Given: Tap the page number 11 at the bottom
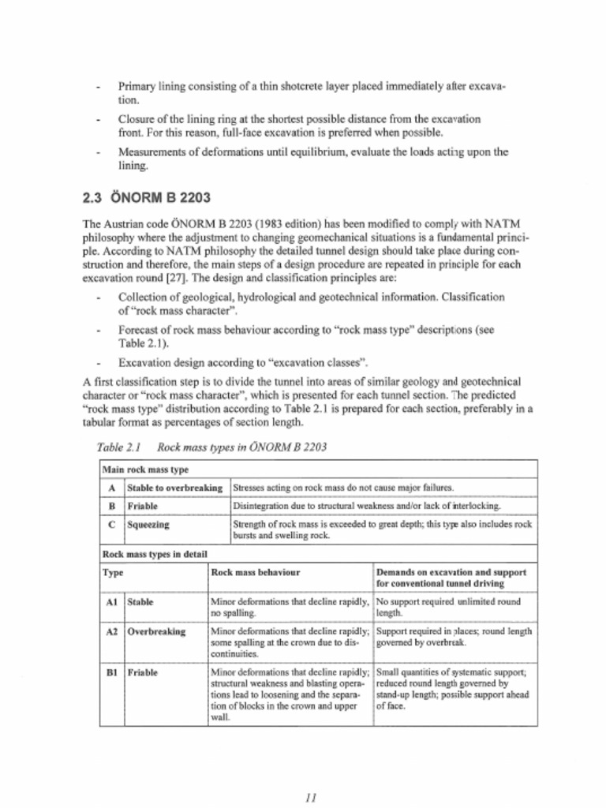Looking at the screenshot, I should point(310,797).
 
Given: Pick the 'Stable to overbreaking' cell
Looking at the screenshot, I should point(174,488).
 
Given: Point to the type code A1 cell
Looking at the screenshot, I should point(111,602).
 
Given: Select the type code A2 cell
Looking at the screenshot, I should point(111,632).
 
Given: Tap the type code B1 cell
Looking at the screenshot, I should point(111,673).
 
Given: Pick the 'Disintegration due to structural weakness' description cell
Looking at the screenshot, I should point(367,506).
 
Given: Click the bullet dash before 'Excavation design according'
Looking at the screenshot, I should point(97,363).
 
